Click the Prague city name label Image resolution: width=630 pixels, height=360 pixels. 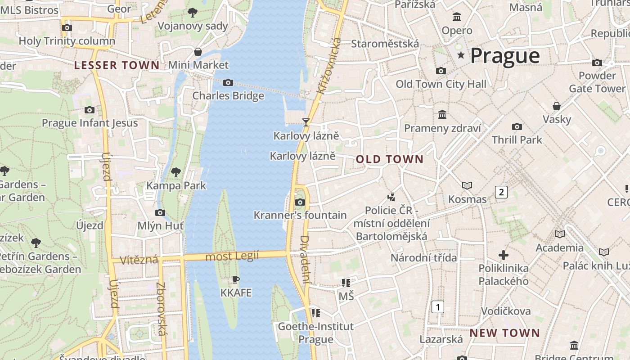505,56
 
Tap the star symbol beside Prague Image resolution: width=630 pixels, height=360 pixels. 461,55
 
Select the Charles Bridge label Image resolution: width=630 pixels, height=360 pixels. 228,96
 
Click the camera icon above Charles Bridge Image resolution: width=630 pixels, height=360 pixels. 228,82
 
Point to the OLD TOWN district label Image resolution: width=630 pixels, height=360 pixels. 390,159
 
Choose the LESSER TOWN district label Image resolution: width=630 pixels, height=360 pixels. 117,65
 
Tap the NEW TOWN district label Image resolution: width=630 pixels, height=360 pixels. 504,333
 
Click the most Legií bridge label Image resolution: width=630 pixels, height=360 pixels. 232,256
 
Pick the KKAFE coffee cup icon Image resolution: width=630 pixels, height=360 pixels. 235,280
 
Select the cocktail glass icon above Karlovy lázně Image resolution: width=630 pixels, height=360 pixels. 306,122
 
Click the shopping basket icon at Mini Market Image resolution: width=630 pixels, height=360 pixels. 198,52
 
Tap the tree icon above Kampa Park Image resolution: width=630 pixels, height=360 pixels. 176,172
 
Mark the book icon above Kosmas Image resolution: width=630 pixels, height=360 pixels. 467,185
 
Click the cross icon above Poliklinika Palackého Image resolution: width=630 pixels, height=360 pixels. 503,255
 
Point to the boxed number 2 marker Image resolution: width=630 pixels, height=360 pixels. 501,192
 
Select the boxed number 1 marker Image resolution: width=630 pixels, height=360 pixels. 437,307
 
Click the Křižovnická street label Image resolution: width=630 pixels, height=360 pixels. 329,66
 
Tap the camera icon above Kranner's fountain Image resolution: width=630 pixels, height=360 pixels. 300,202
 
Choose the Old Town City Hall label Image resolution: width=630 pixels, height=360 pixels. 441,84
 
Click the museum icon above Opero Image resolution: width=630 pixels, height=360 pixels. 457,17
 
